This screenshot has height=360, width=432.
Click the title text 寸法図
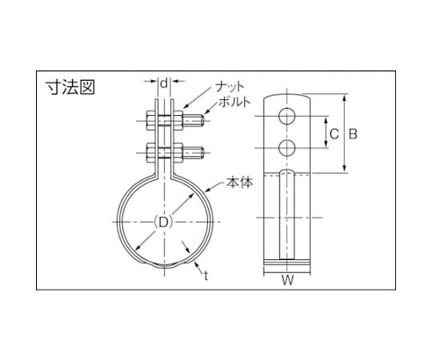click(x=70, y=87)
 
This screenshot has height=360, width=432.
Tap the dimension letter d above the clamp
click(x=164, y=83)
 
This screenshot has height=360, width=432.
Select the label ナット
click(x=230, y=86)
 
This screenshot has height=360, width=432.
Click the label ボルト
click(x=234, y=102)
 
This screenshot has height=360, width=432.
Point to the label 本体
click(x=239, y=182)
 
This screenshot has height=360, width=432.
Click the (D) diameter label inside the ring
click(x=164, y=222)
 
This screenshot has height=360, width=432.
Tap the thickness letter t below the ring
click(x=206, y=275)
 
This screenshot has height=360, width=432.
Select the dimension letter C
click(x=334, y=134)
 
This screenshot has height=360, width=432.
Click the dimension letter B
click(x=353, y=134)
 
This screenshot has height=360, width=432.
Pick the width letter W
click(x=287, y=281)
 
